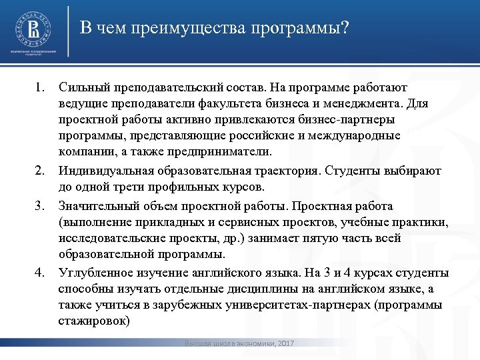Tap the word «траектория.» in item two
[x=288, y=171]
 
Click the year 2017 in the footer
[x=285, y=343]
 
